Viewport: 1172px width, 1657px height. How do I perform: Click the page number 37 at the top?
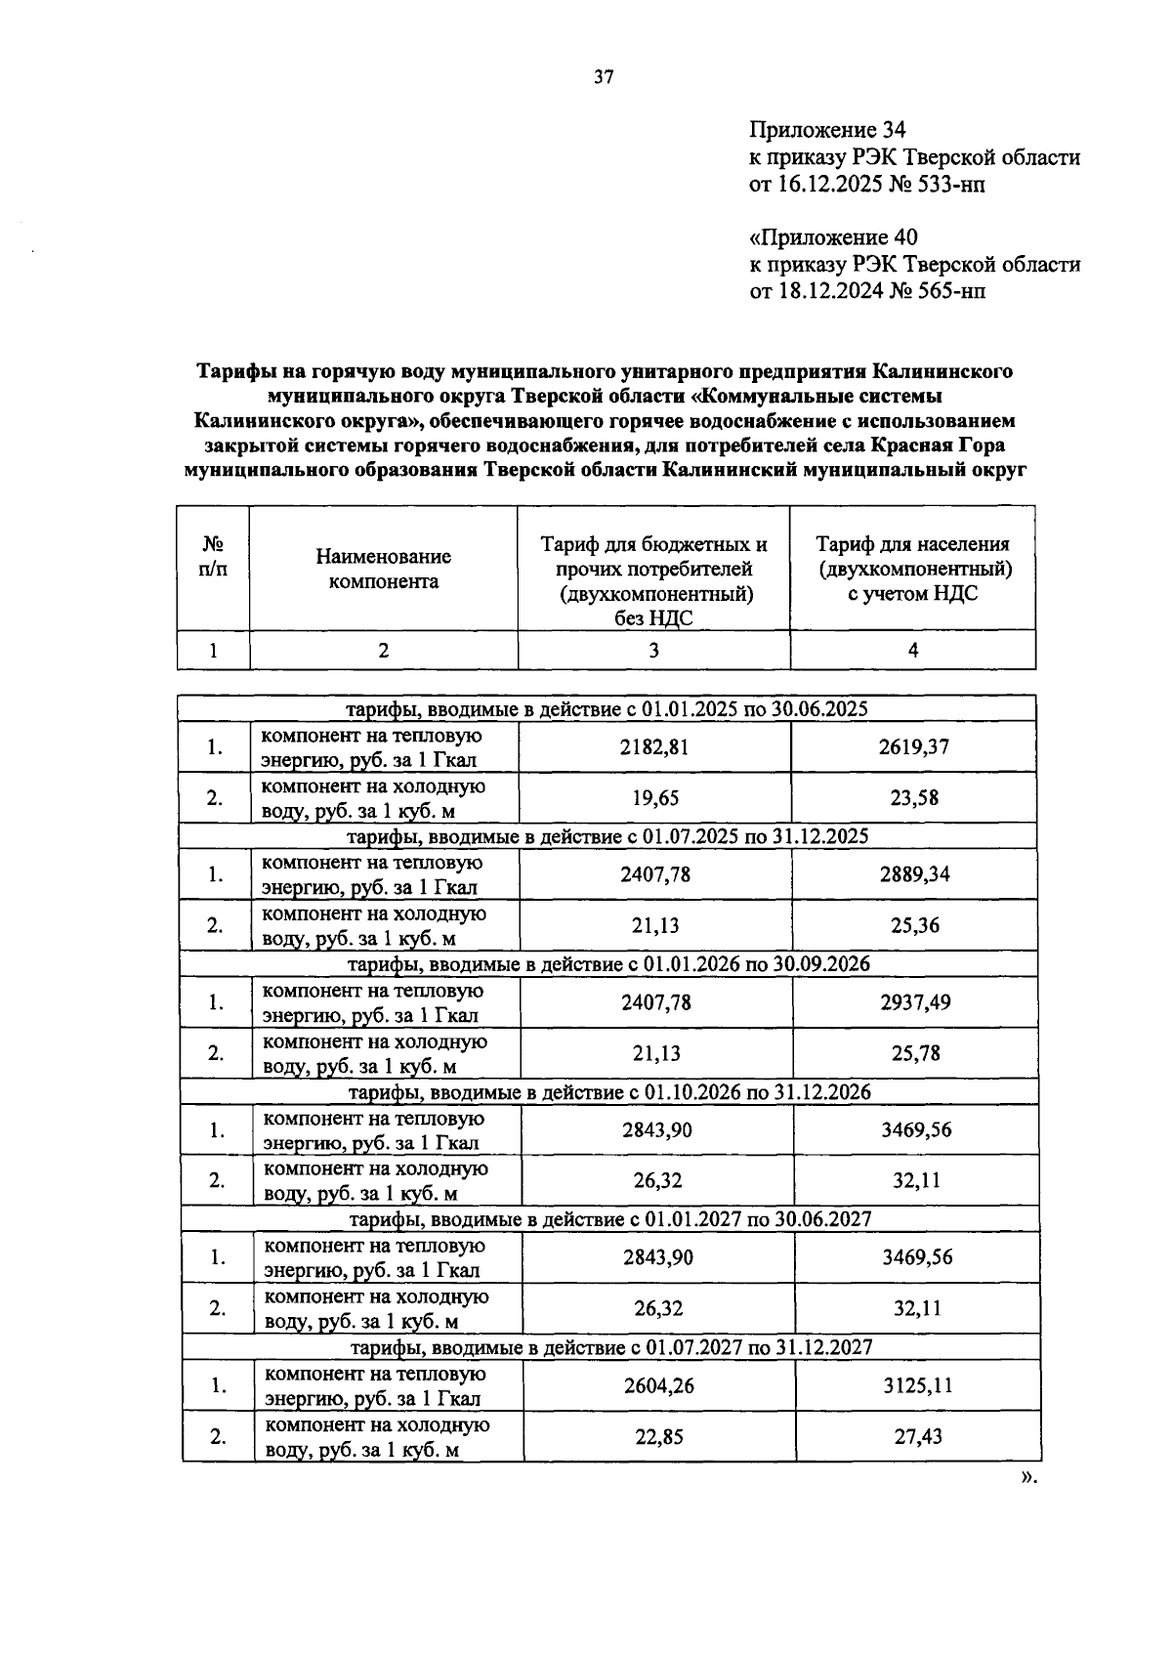(x=604, y=78)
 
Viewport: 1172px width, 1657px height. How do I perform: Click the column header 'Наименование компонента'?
(x=383, y=569)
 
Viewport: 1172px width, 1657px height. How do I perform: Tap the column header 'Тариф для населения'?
(x=912, y=544)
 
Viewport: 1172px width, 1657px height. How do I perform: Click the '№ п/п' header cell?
(x=213, y=557)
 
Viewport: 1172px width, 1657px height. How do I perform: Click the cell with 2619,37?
(x=913, y=747)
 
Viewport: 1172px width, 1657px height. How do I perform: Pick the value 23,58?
(x=914, y=798)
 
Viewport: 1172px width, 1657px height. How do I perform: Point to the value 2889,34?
(x=914, y=874)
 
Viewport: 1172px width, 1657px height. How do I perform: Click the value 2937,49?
(x=915, y=1002)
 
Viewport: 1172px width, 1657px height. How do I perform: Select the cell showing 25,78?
(x=915, y=1053)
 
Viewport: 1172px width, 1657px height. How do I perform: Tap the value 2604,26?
(x=658, y=1385)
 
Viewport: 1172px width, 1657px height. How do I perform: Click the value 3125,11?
(x=917, y=1385)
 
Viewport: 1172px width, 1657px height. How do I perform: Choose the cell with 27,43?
(x=917, y=1436)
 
